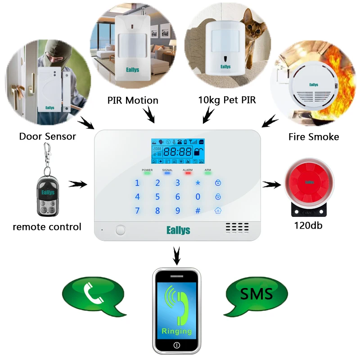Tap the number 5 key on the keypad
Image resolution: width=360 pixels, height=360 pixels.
tap(157, 197)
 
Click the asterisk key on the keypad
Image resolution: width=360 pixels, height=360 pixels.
tap(198, 183)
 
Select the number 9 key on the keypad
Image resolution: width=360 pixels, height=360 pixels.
tap(178, 210)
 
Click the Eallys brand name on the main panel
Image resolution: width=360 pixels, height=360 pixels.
tap(178, 230)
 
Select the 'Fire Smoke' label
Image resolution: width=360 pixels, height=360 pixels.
tap(314, 136)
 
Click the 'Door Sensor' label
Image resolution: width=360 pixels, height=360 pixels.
tap(48, 136)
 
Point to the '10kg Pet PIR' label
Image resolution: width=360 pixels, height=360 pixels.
tap(227, 100)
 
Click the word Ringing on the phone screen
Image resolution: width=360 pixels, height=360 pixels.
tap(176, 331)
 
